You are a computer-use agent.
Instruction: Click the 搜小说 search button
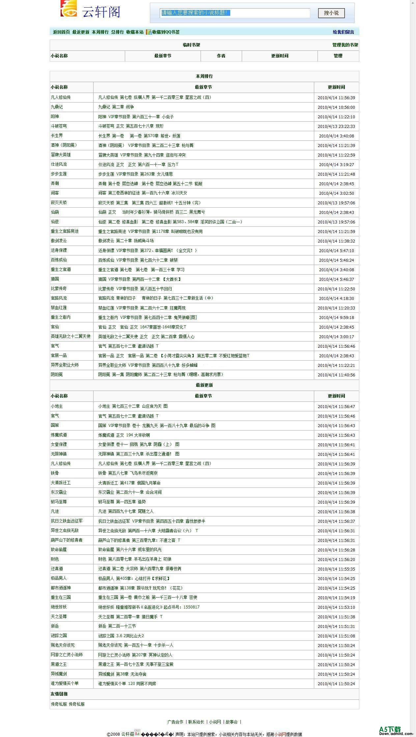click(331, 13)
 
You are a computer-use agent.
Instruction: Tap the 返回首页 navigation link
click(61, 32)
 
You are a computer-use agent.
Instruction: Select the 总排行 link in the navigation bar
click(117, 32)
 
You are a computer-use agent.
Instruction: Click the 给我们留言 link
click(343, 32)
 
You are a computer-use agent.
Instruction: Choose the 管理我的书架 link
click(345, 45)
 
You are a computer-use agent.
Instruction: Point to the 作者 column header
click(221, 56)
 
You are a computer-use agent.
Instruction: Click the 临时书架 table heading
click(191, 45)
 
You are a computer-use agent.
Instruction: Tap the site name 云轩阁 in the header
click(101, 12)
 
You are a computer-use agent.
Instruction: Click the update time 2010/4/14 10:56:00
click(336, 107)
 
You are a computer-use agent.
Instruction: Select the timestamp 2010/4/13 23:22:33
click(336, 126)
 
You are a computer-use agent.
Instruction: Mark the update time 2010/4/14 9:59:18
click(336, 317)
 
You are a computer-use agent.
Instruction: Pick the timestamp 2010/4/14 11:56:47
click(336, 406)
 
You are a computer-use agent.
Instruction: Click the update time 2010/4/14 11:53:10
click(336, 607)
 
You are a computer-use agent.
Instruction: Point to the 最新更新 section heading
click(204, 385)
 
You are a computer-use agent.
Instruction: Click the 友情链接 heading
click(59, 694)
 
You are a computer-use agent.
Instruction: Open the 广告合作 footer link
click(175, 722)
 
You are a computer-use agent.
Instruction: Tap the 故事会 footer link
click(232, 722)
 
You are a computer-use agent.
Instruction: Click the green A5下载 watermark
click(390, 729)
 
